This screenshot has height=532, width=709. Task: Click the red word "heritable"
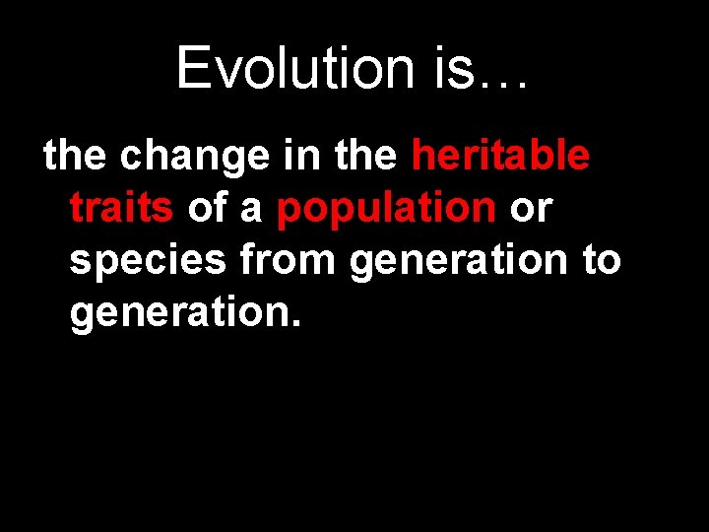coord(501,156)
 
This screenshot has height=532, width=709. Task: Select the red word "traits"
coord(122,209)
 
